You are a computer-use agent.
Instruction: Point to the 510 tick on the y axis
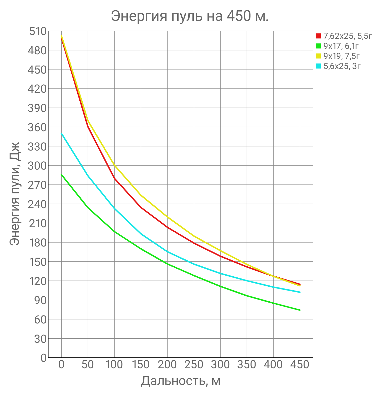click(37, 32)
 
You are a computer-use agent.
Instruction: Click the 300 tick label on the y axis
click(37, 165)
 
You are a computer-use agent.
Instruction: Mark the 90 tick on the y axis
click(40, 300)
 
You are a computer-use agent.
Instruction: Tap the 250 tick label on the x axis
click(194, 365)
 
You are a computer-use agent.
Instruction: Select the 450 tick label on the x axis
click(300, 365)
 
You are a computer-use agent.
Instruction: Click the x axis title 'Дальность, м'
click(181, 381)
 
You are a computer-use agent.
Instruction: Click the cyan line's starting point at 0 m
click(61, 133)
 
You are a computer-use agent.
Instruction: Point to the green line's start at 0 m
click(61, 174)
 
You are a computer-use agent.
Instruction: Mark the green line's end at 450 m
click(300, 310)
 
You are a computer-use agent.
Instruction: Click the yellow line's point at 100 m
click(114, 165)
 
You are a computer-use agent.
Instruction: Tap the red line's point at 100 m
click(114, 178)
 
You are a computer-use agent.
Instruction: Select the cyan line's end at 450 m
click(300, 292)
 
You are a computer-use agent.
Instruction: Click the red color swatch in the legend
click(318, 36)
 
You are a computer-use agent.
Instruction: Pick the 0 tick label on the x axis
click(61, 365)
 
